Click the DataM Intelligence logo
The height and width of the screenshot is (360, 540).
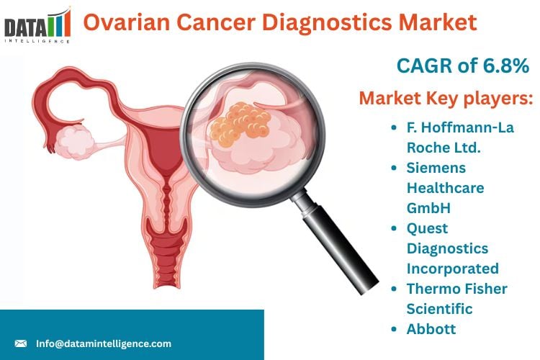coord(37,25)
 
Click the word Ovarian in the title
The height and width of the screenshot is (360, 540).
coord(127,22)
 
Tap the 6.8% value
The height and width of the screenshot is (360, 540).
coord(506,66)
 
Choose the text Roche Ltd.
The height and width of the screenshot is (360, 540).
coord(444,148)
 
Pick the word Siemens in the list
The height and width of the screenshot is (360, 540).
coord(436,168)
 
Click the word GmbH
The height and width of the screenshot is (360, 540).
coord(428,208)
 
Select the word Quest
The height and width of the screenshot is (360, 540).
coord(427,228)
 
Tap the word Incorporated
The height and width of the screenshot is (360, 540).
coord(453,269)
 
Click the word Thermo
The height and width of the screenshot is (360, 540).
coord(432,289)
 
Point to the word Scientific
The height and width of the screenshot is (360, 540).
coord(439,309)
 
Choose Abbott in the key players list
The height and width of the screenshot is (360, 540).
coord(431,329)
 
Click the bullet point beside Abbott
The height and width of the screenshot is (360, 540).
coord(395,329)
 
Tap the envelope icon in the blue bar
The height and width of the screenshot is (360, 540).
coord(21,343)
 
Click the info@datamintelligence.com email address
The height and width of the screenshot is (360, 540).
coord(104,343)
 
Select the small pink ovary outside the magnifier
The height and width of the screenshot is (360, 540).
coord(74,142)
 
